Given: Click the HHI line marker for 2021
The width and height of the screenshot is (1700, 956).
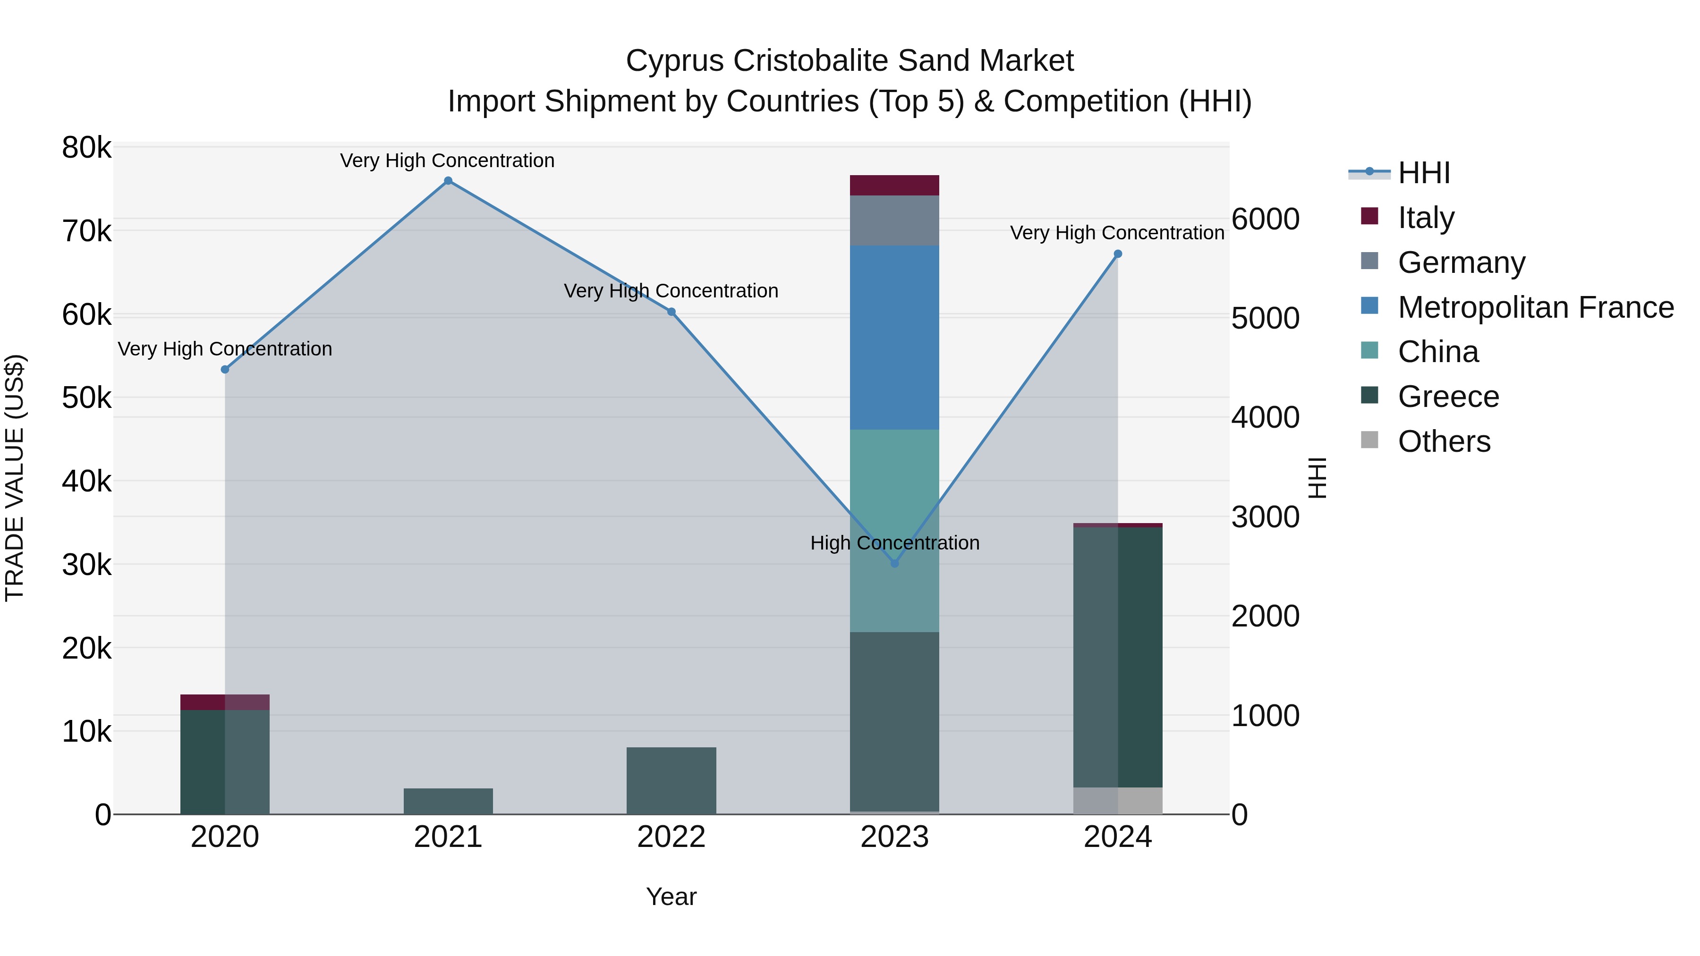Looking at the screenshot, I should click(x=448, y=181).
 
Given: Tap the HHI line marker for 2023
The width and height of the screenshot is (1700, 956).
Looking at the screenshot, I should click(x=894, y=563).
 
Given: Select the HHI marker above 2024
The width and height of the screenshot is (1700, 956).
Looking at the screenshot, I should click(x=1118, y=254).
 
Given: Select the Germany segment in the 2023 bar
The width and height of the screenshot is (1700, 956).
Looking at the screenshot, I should click(x=894, y=220).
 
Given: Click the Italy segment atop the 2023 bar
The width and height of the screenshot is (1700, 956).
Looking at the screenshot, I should click(x=894, y=186).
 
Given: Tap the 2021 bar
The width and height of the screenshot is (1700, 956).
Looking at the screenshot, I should click(x=448, y=801).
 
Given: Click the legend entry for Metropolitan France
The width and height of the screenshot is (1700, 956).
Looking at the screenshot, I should click(x=1535, y=307).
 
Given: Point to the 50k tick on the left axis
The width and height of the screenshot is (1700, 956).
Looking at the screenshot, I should click(x=86, y=398).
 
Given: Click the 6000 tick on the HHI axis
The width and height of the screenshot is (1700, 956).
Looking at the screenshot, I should click(x=1265, y=220).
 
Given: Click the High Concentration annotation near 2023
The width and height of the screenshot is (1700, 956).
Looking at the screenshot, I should click(x=894, y=543).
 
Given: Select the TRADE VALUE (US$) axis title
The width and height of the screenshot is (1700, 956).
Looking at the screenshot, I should click(x=15, y=478).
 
